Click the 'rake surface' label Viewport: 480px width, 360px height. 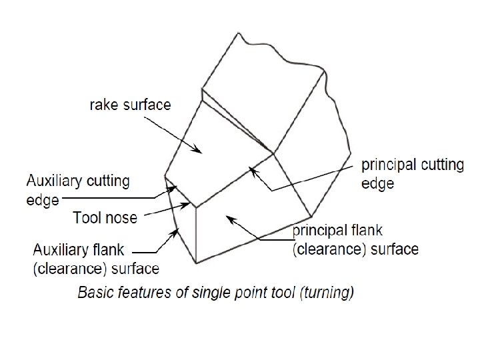pos(130,105)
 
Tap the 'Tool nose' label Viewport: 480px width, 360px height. pos(105,217)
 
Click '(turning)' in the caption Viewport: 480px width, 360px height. pos(330,292)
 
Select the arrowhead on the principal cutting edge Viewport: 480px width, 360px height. pos(251,169)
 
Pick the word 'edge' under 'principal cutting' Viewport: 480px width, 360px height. pos(378,183)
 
